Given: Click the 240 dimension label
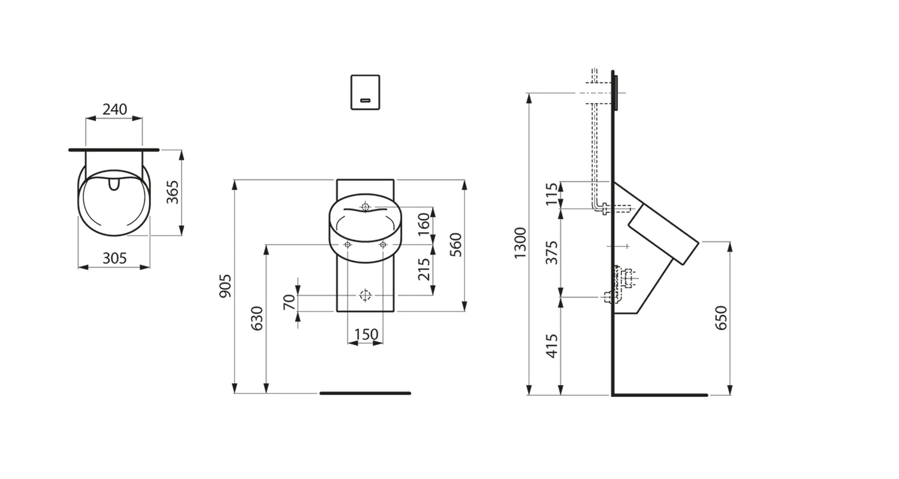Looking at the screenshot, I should (114, 109).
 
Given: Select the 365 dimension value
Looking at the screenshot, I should (173, 192).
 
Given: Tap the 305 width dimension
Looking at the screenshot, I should (114, 258).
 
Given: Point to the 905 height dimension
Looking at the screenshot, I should (225, 286).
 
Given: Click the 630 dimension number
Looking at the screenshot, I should (257, 319).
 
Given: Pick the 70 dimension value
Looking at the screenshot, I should (289, 302).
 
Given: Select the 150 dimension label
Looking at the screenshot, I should (366, 335).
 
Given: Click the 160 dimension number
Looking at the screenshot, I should (424, 225).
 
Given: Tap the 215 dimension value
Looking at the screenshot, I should (424, 270).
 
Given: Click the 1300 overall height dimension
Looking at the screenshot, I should (520, 242).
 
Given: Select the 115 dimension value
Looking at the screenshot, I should (552, 195).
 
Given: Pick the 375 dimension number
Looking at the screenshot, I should (552, 252).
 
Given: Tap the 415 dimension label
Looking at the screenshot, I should (552, 345).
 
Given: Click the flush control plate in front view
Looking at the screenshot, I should (365, 92).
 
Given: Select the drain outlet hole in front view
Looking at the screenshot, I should (365, 295).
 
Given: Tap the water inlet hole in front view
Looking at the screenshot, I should (365, 207).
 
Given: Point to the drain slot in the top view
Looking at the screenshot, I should (114, 183).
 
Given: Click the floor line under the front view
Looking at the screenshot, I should (365, 393).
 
